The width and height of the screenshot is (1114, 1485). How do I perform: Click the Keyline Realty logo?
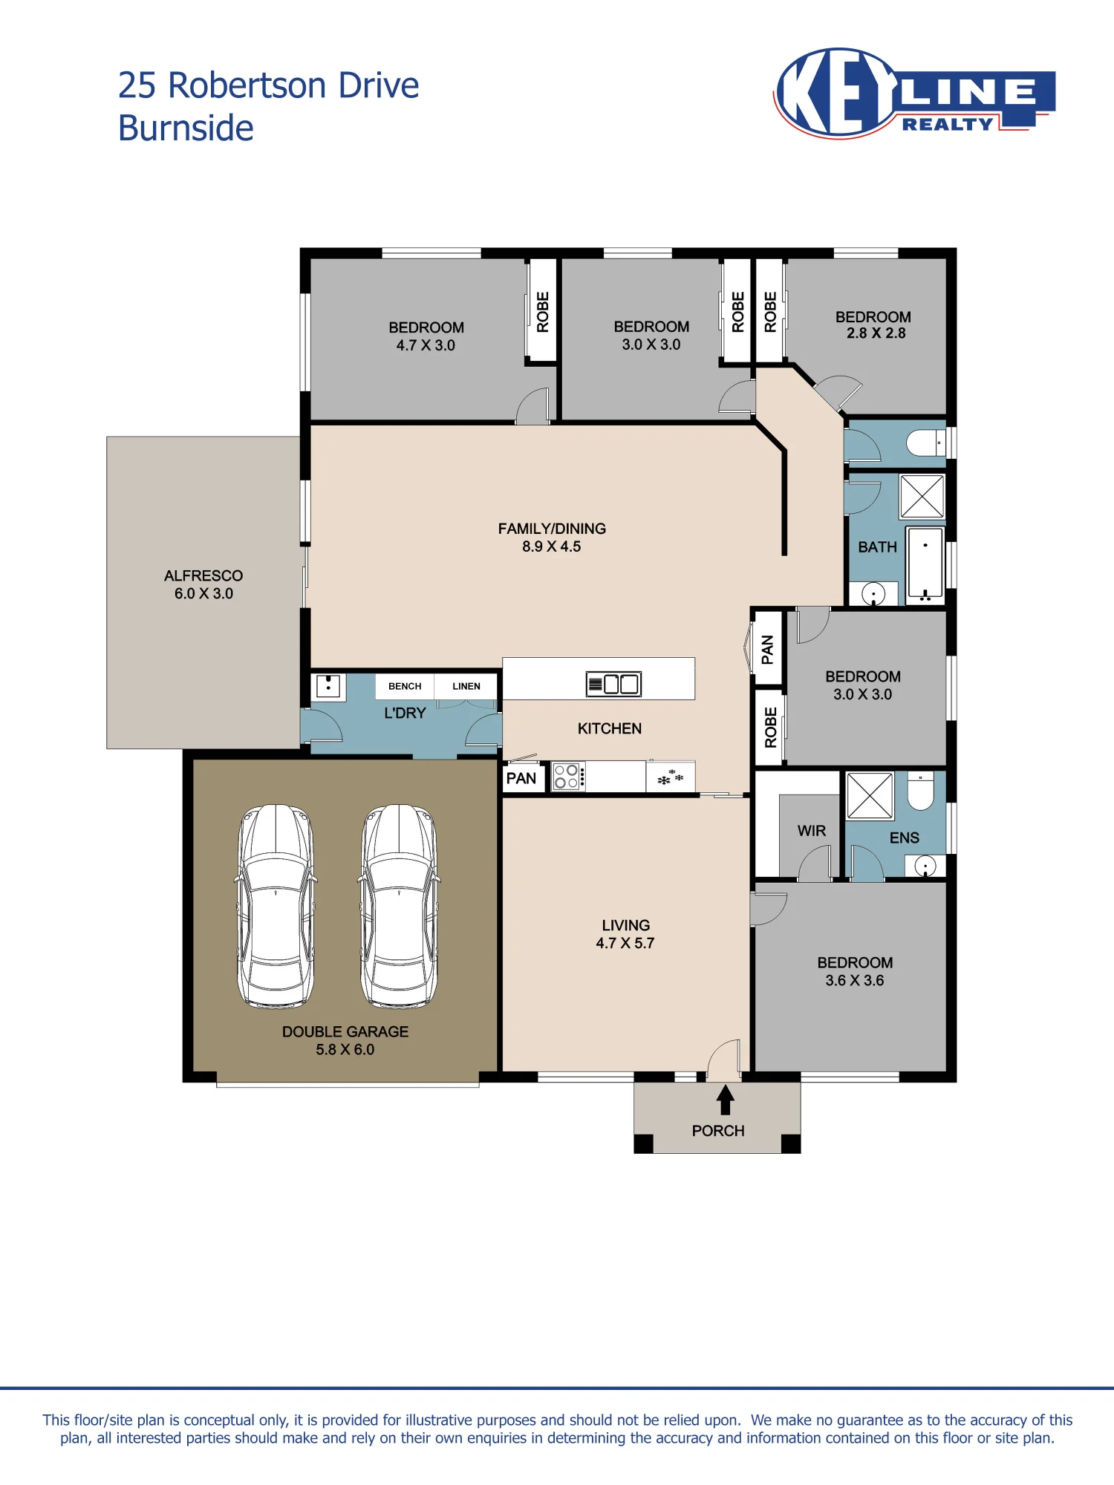(914, 93)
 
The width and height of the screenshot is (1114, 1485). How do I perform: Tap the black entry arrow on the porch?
(726, 1100)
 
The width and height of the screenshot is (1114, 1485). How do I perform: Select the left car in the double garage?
(276, 907)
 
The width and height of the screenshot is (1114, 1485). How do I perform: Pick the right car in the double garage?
(400, 907)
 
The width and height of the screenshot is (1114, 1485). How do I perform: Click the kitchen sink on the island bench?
(613, 684)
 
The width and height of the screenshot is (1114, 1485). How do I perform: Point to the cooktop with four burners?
(568, 777)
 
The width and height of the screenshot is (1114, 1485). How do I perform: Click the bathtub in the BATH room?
(925, 564)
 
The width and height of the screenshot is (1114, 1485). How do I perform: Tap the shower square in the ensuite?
(870, 795)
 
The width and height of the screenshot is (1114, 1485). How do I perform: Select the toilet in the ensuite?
(921, 791)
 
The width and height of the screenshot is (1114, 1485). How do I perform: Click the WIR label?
(812, 831)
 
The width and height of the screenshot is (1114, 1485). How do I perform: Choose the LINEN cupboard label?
(466, 686)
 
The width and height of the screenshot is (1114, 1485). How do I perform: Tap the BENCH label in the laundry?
(405, 686)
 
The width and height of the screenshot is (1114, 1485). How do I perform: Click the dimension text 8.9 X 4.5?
(551, 546)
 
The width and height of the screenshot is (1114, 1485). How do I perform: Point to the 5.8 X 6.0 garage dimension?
(345, 1049)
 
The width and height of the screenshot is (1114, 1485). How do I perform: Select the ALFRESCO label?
(203, 575)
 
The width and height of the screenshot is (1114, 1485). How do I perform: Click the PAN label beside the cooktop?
(521, 778)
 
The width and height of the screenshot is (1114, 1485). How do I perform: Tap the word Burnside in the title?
(186, 128)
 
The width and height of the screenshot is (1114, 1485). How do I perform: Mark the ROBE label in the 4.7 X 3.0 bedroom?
(543, 312)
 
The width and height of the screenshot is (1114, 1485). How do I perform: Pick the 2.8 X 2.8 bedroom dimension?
(876, 333)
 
